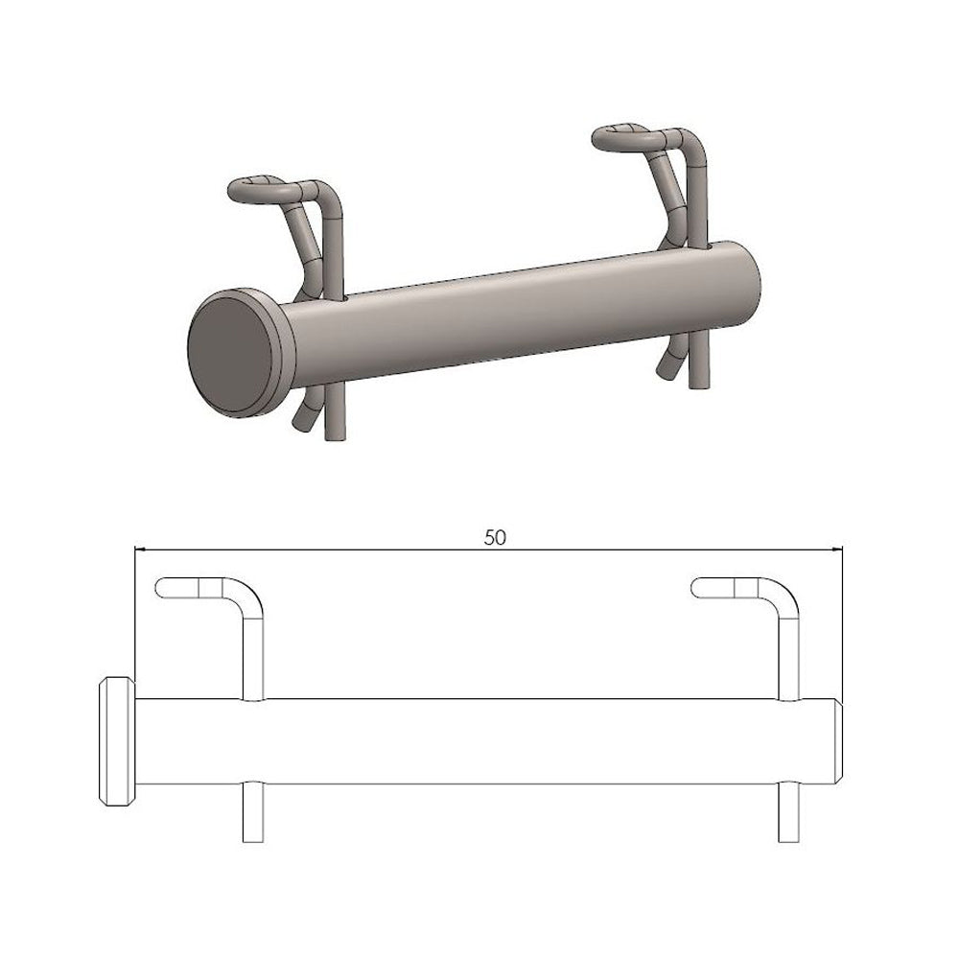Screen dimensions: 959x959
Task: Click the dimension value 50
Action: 495,538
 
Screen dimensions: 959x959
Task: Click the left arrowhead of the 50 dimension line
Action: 139,550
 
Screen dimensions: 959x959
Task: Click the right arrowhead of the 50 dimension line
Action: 837,550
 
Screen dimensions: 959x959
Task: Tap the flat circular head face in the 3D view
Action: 229,352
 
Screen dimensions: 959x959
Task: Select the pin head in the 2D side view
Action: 117,741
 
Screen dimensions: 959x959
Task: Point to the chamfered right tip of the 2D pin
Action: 839,741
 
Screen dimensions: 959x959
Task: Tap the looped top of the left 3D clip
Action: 263,190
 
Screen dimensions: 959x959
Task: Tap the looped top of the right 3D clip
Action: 627,137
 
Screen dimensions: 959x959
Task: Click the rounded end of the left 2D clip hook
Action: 161,588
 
